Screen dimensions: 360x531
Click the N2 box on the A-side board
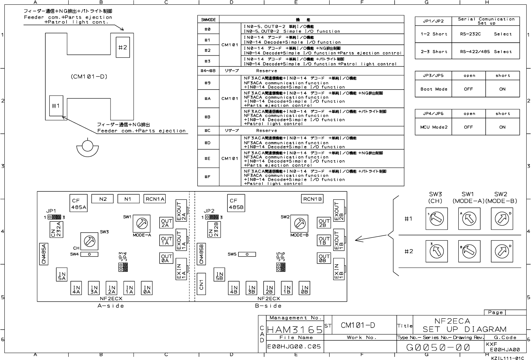[103, 199]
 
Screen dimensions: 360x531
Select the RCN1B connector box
[312, 199]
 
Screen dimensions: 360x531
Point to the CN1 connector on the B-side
[201, 283]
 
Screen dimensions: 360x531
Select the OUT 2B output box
[324, 223]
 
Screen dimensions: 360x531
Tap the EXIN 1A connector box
[181, 269]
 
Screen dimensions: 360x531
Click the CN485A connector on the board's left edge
[44, 254]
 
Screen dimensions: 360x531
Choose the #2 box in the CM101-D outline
[123, 47]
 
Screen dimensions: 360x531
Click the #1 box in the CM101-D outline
[56, 106]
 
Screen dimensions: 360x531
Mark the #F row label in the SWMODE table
[207, 177]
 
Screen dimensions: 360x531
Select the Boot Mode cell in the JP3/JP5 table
[434, 89]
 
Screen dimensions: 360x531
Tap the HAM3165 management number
[295, 330]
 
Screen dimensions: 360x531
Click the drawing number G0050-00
[438, 347]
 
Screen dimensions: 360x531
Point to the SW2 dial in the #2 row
[501, 251]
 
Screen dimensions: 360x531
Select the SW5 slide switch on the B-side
[247, 254]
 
